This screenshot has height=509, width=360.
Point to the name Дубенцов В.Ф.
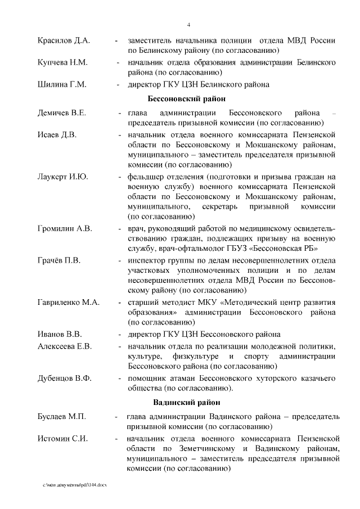coord(65,377)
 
